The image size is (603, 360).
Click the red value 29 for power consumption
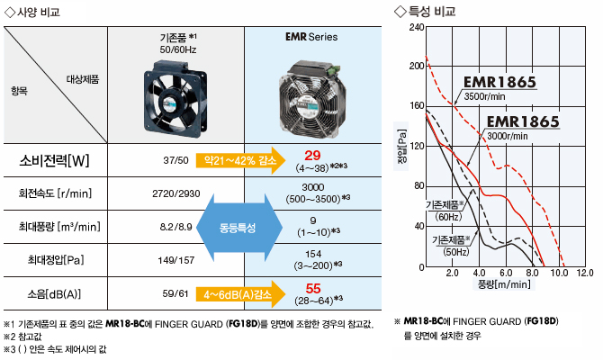tap(312, 156)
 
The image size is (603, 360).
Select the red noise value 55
tap(313, 289)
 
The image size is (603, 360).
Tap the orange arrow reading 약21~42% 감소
tap(240, 160)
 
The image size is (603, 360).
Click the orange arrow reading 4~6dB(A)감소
tap(240, 294)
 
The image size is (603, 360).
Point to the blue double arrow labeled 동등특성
tap(239, 228)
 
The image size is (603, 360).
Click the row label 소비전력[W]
tap(54, 160)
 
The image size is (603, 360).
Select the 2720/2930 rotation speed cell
tap(176, 193)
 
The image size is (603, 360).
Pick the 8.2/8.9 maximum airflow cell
tap(175, 227)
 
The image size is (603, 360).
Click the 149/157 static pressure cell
tap(175, 260)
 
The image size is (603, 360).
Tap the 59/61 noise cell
tap(175, 293)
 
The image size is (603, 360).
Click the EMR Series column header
tap(311, 37)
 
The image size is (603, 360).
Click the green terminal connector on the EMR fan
tap(333, 69)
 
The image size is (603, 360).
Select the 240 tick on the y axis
tap(417, 27)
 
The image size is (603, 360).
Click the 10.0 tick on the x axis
tap(559, 273)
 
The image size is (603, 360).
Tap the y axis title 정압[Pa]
tap(401, 146)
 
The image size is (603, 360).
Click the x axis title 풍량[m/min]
tap(504, 284)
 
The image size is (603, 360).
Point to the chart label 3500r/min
tap(484, 96)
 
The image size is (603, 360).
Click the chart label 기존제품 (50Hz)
tap(452, 246)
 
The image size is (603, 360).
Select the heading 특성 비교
tap(431, 12)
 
